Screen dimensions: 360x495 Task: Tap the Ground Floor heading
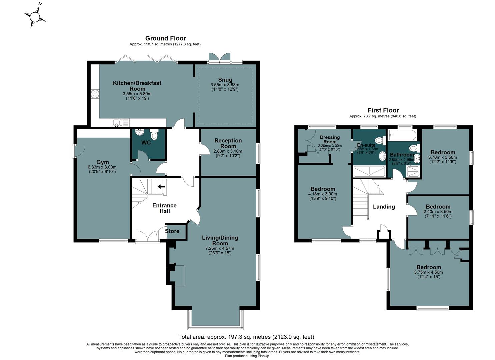(x=165, y=38)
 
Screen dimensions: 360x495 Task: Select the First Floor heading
(x=383, y=110)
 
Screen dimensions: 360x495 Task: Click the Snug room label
(x=225, y=80)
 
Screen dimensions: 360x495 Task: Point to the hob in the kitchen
(x=95, y=94)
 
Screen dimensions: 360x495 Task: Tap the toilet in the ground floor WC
(x=154, y=135)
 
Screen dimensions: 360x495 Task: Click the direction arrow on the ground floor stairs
(x=161, y=187)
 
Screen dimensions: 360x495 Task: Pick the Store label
(x=172, y=231)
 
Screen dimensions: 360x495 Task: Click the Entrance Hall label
(x=164, y=208)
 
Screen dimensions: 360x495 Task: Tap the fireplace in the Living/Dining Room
(x=178, y=276)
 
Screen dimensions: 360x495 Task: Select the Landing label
(x=384, y=207)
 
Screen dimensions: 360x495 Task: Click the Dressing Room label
(x=330, y=139)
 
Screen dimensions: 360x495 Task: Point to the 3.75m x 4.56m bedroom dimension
(x=428, y=272)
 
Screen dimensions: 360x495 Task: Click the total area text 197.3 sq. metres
(x=246, y=337)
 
